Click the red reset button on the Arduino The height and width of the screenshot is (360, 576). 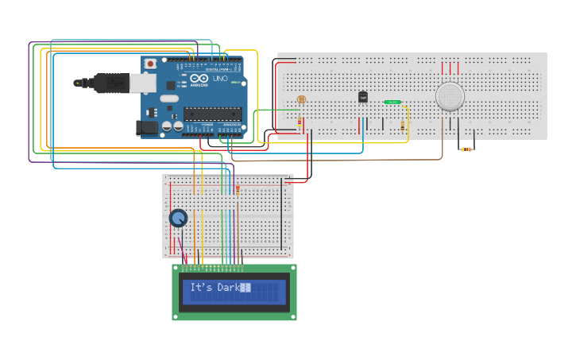click(x=150, y=64)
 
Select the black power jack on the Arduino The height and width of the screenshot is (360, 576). click(x=148, y=127)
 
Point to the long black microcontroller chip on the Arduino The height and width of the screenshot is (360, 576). click(x=212, y=114)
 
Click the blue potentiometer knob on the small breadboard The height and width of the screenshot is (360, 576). click(x=178, y=217)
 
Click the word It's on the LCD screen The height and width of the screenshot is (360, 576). click(x=200, y=288)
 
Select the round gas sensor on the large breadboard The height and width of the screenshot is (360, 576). click(x=450, y=96)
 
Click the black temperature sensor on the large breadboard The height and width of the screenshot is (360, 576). click(x=363, y=97)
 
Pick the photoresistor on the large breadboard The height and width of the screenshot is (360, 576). click(x=300, y=99)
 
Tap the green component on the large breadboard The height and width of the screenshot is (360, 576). click(x=392, y=103)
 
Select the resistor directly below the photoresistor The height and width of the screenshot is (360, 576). click(x=300, y=122)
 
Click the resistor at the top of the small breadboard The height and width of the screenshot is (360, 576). click(x=238, y=189)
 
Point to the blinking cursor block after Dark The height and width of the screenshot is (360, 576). click(x=246, y=288)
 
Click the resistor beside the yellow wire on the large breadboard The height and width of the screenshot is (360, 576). click(x=402, y=126)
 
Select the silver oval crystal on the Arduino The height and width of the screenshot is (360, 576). click(x=169, y=99)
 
